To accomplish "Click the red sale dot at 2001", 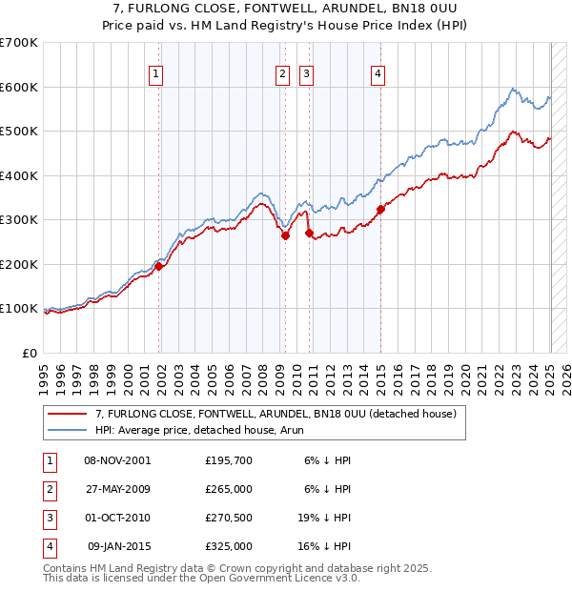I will coord(159,267).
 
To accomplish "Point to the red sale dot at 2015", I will coord(380,209).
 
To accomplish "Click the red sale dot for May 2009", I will coord(285,235).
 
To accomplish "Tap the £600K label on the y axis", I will coord(19,87).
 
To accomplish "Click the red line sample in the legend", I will coord(67,414).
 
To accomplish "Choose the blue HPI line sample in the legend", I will coord(67,430).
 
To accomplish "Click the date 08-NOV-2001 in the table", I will coord(117,460).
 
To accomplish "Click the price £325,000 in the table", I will coord(229,546).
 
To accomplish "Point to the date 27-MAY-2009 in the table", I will coord(117,489).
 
